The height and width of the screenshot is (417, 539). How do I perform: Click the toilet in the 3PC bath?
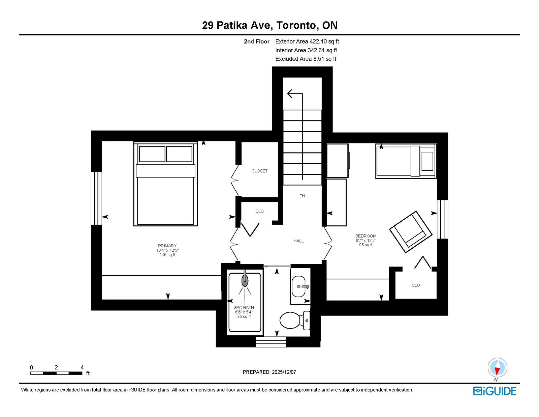click(x=295, y=320)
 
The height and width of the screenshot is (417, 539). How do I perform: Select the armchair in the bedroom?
click(x=411, y=232)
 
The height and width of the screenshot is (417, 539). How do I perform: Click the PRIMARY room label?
click(x=167, y=246)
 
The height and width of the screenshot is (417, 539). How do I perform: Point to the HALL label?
click(x=298, y=241)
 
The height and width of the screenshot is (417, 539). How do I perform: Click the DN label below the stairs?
click(x=302, y=196)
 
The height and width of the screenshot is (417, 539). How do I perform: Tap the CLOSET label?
click(x=259, y=171)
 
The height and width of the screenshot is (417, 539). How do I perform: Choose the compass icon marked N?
click(x=497, y=368)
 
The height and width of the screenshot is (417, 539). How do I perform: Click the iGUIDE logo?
click(x=495, y=391)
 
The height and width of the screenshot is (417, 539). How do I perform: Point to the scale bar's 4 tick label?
click(x=82, y=367)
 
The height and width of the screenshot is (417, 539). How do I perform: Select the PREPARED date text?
click(x=269, y=372)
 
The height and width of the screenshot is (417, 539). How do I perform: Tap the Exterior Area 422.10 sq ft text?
click(x=307, y=41)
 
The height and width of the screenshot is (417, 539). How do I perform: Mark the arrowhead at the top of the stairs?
click(x=290, y=94)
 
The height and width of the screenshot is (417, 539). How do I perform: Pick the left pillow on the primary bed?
click(x=152, y=154)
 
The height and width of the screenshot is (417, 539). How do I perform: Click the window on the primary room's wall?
click(x=96, y=198)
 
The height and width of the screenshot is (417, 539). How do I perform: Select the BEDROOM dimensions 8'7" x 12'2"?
click(x=366, y=241)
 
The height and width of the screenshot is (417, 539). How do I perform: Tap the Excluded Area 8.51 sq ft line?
click(x=306, y=59)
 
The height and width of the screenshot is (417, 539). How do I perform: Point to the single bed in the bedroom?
click(x=406, y=161)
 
